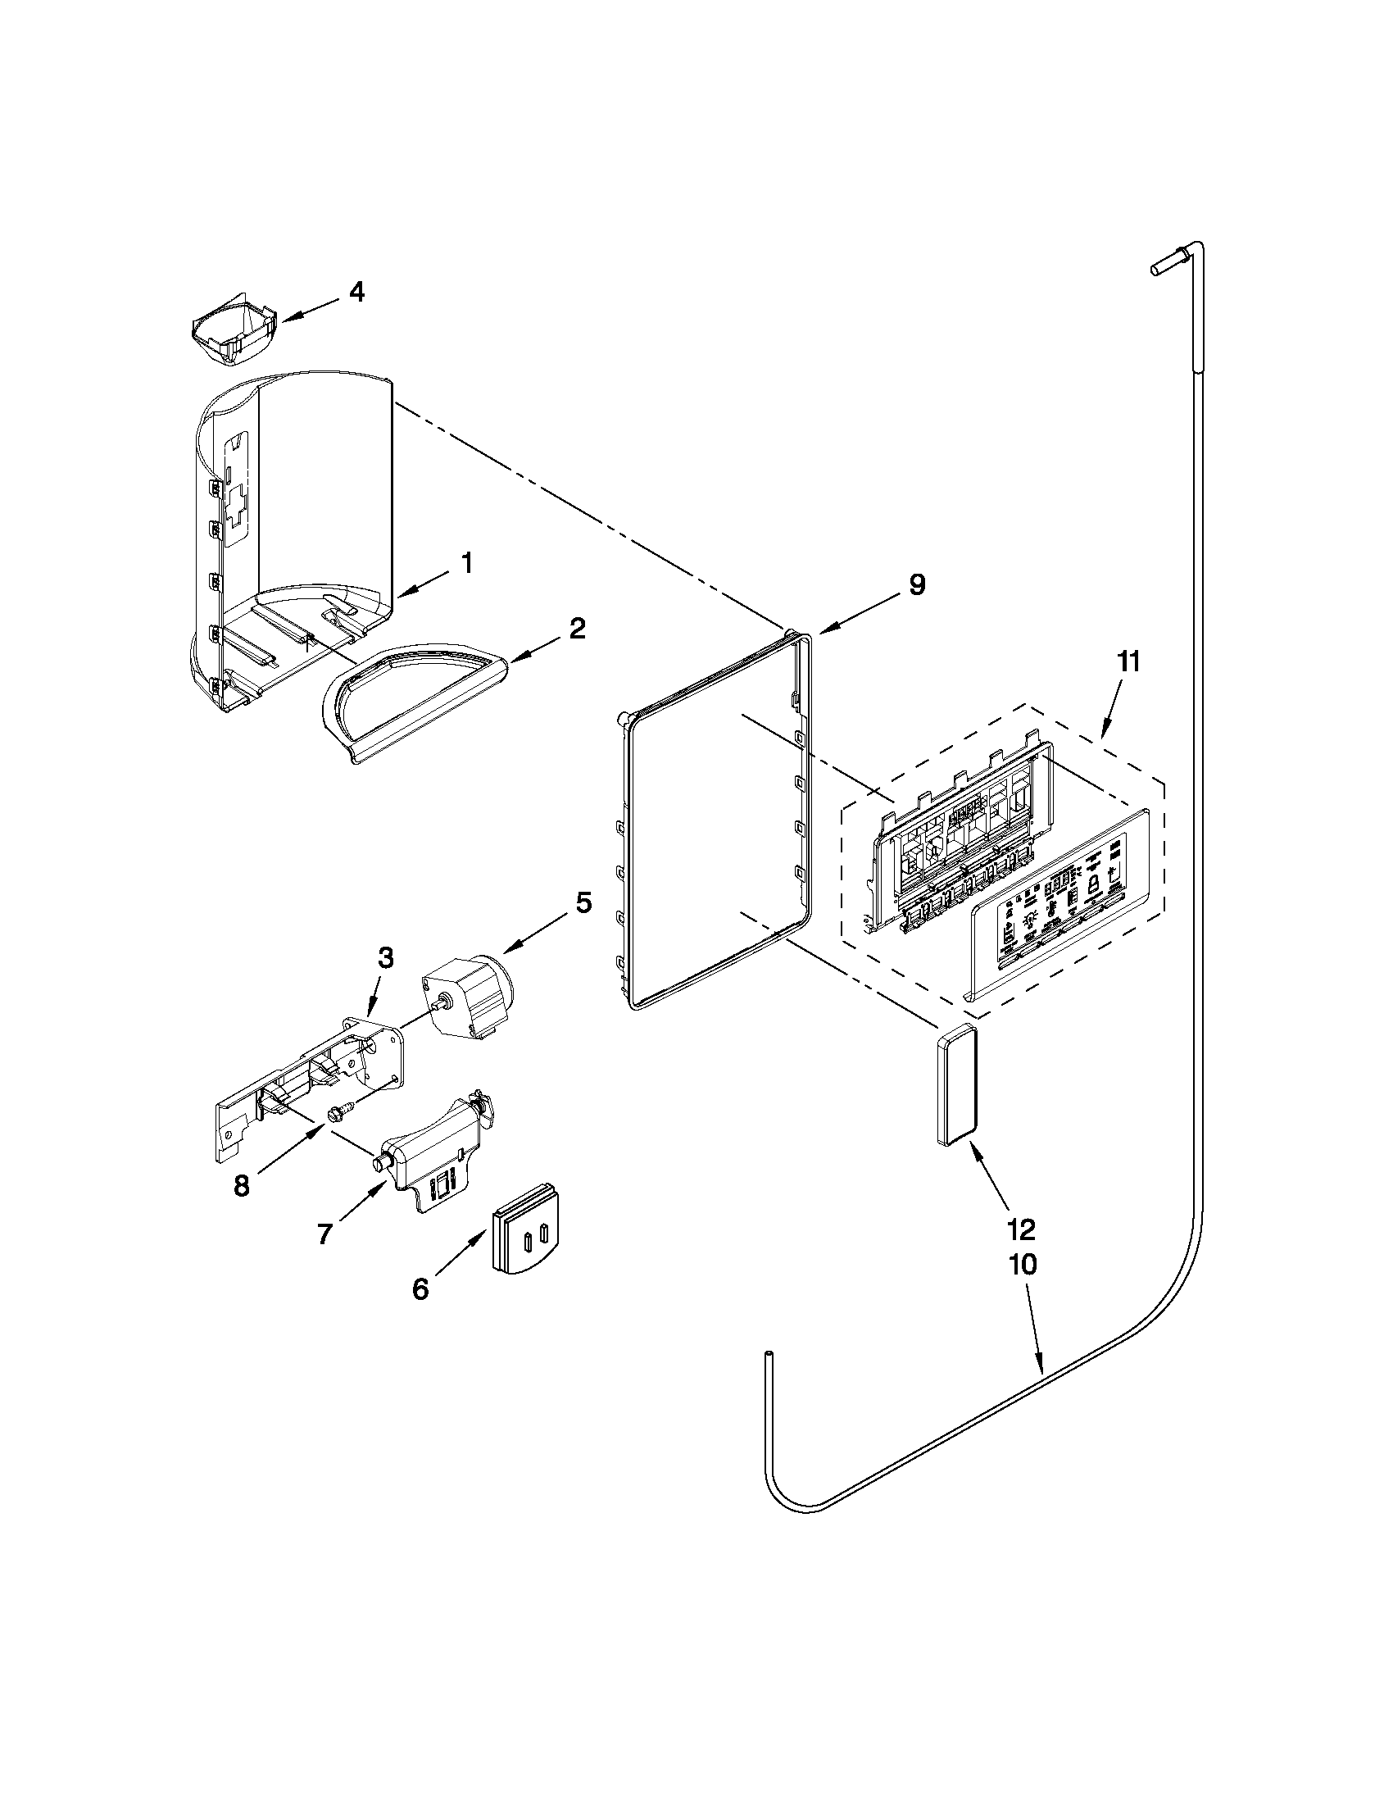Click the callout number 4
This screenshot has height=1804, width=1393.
click(356, 293)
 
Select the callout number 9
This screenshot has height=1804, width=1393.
click(918, 585)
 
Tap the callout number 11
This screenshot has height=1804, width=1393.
click(1128, 661)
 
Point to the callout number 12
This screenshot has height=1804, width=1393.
click(1022, 1230)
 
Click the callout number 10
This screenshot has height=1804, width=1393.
click(1023, 1265)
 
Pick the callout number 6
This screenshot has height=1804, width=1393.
click(420, 1289)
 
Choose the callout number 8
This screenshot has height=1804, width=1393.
click(241, 1187)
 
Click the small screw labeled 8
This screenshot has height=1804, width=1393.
click(339, 1115)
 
